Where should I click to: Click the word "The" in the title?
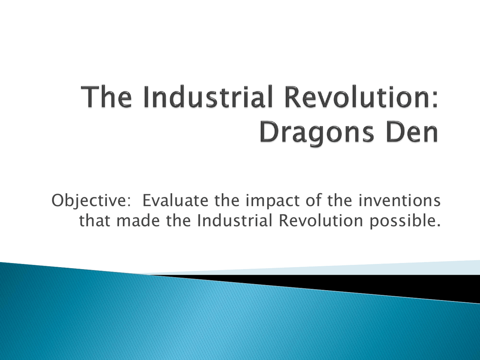(x=107, y=97)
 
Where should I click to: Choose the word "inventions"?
(x=399, y=201)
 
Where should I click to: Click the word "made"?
(x=138, y=220)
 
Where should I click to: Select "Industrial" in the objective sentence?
(x=234, y=220)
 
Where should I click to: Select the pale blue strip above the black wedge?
(x=337, y=269)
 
